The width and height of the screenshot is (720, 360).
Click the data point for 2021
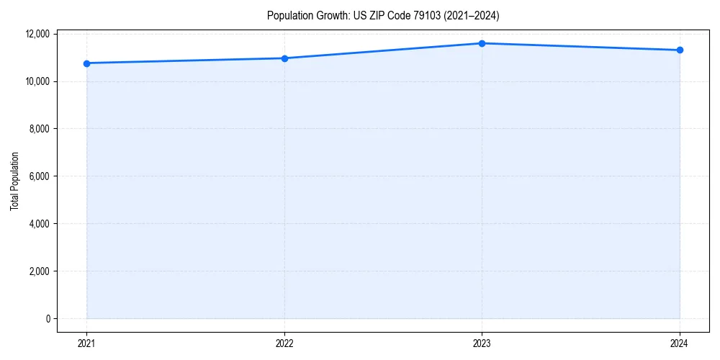[x=87, y=63]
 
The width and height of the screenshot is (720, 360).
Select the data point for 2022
[x=284, y=58]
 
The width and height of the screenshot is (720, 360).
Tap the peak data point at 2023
[x=482, y=43]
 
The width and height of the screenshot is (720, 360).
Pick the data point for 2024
[x=680, y=50]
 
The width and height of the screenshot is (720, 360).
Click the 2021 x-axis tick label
[x=87, y=343]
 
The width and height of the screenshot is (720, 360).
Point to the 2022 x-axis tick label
[x=284, y=343]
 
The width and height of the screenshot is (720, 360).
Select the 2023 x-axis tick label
[x=482, y=343]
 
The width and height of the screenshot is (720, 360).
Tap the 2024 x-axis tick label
[x=680, y=343]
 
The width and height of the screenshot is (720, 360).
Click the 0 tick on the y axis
[x=48, y=319]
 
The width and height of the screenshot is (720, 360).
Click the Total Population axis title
[x=14, y=181]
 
